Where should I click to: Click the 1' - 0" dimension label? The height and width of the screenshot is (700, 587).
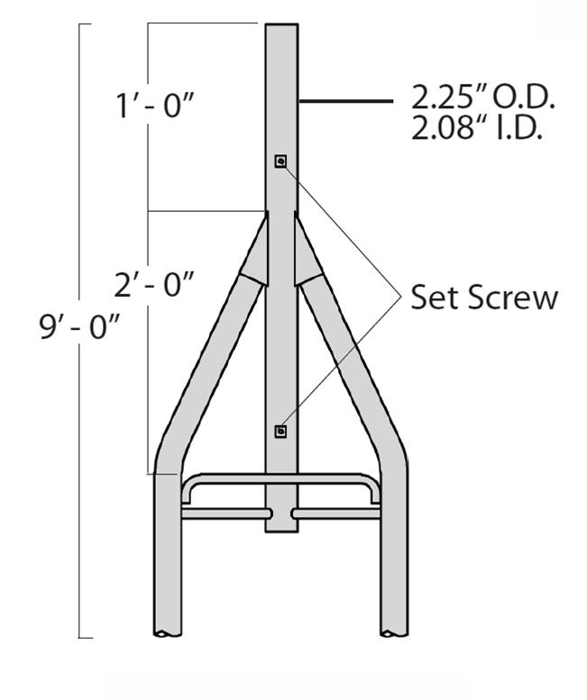pyautogui.click(x=156, y=106)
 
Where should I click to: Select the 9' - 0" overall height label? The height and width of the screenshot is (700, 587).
pyautogui.click(x=79, y=327)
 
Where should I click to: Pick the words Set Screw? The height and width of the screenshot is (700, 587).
pyautogui.click(x=484, y=298)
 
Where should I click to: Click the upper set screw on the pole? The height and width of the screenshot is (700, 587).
pyautogui.click(x=281, y=161)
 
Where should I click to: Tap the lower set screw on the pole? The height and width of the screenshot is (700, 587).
pyautogui.click(x=281, y=432)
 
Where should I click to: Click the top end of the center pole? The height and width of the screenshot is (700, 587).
pyautogui.click(x=281, y=27)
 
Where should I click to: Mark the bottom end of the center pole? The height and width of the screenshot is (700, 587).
pyautogui.click(x=281, y=529)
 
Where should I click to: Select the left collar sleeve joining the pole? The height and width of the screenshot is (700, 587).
pyautogui.click(x=254, y=253)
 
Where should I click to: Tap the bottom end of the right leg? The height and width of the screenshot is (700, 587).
pyautogui.click(x=394, y=631)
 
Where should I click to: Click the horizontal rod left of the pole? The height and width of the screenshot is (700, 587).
pyautogui.click(x=225, y=513)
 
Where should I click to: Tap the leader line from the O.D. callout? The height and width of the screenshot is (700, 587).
pyautogui.click(x=347, y=102)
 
